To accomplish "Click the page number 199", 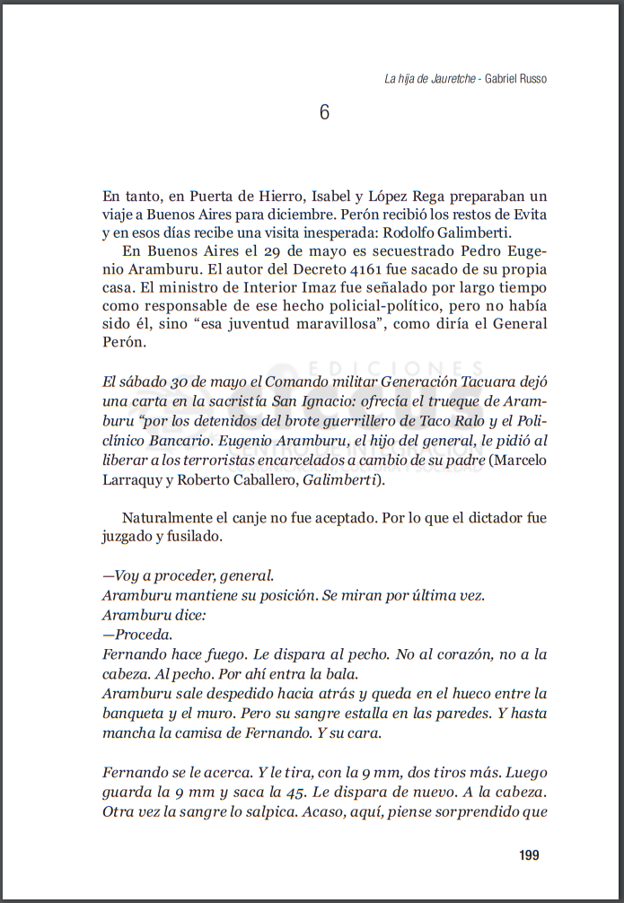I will click(529, 855).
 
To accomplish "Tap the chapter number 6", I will click(324, 112).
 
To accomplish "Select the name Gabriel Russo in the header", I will click(515, 79).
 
